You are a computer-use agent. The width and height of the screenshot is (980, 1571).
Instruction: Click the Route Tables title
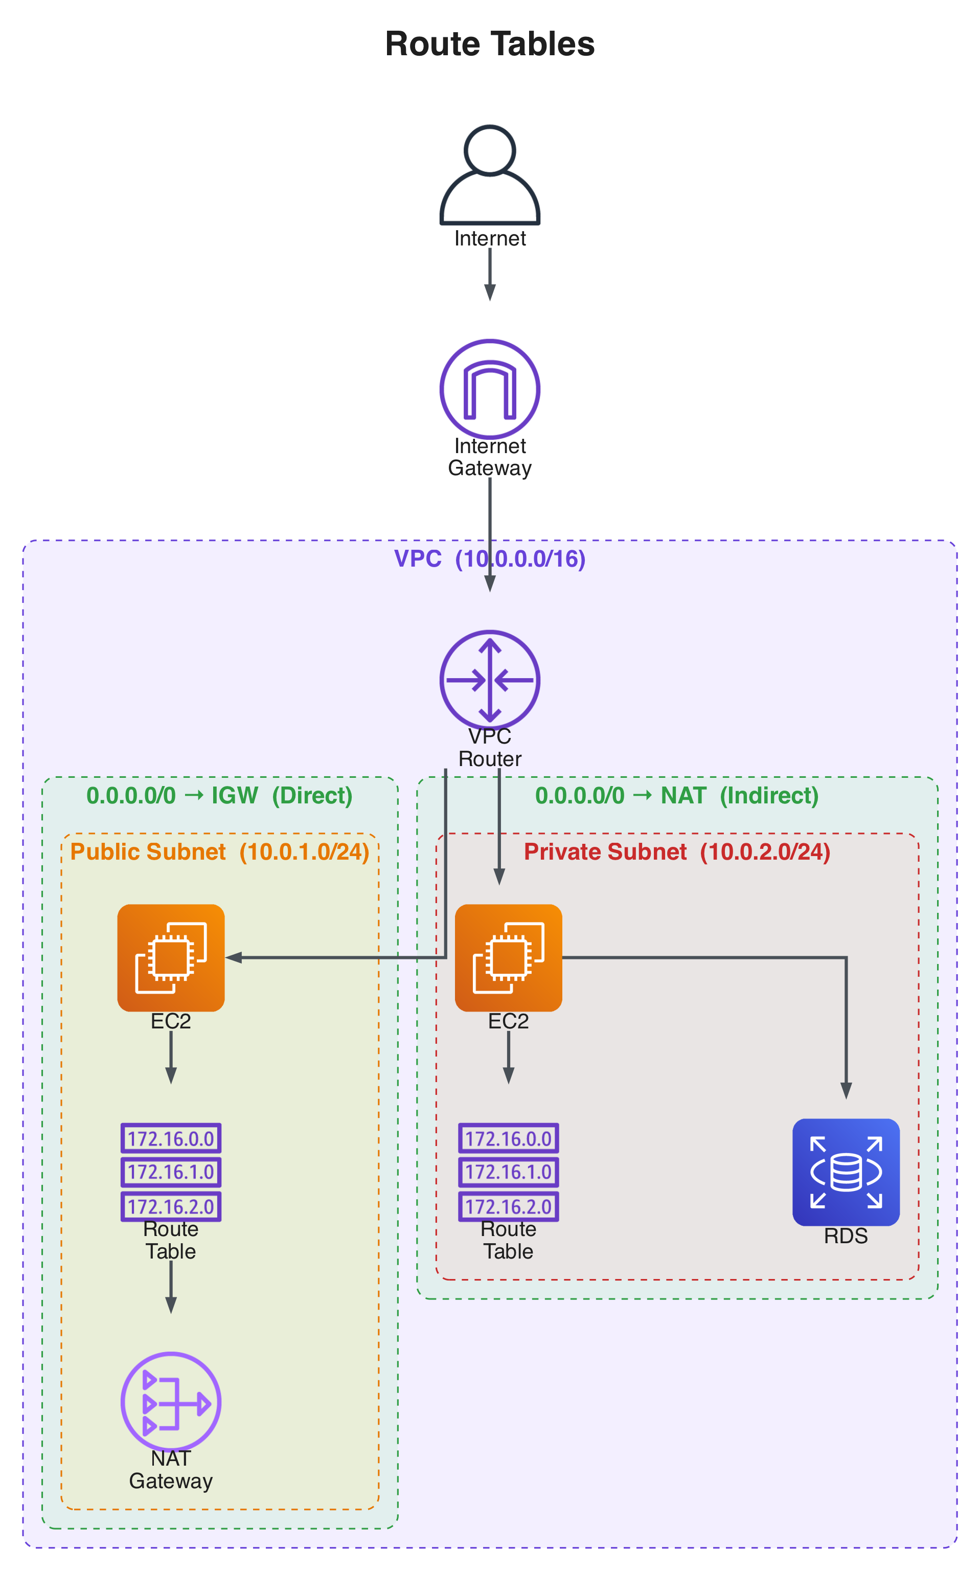489,44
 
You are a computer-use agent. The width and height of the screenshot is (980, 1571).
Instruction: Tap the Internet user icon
489,175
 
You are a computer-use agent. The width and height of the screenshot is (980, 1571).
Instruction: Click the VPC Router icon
489,680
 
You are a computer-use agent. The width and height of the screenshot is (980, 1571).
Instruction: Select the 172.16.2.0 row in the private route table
508,1206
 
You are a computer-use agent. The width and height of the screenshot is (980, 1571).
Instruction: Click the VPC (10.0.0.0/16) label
489,558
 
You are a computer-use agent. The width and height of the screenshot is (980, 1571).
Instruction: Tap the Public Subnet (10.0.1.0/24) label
220,851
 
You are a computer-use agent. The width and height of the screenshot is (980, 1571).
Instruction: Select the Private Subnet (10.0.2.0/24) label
677,851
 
